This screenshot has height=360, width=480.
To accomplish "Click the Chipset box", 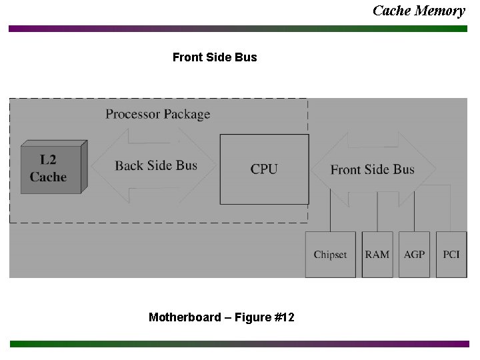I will (331, 255).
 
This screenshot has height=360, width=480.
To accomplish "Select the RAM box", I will (377, 255).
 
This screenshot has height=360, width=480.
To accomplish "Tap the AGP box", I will (415, 255).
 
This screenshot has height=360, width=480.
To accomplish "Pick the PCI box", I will (451, 255).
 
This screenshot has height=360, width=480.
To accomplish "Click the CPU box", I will (264, 169).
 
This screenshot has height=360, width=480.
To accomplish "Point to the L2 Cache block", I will (49, 168).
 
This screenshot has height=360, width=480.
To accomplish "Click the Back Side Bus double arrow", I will (155, 165).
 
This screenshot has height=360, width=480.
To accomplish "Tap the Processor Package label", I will (157, 114).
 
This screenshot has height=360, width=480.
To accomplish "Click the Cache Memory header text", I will (419, 10).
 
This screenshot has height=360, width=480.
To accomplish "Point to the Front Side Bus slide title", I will (214, 57).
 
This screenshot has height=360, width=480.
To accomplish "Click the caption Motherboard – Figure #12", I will (221, 317).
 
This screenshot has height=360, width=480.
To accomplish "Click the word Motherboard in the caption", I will (185, 317).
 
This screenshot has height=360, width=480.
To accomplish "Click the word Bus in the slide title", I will (246, 57).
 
